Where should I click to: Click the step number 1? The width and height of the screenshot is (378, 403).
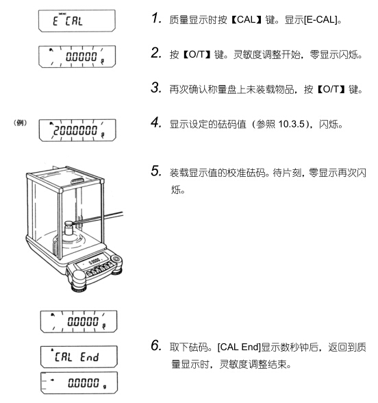156,19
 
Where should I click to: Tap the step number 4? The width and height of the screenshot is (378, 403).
156,123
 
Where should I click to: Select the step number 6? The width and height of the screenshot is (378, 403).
156,345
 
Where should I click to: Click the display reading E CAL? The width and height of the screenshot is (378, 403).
77,21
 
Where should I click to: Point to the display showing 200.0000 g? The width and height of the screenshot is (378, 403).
77,130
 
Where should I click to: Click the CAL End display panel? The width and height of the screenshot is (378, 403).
79,356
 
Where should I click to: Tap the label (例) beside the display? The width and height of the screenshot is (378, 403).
20,123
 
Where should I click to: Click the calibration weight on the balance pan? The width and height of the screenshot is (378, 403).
69,228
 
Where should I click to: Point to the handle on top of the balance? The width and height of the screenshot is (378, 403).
77,181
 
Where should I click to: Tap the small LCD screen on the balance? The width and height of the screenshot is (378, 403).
93,261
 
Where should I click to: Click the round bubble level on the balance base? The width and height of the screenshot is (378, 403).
116,258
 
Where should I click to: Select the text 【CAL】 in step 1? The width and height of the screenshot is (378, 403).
246,19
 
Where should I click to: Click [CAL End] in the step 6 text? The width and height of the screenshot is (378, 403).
239,347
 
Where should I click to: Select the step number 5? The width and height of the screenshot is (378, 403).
156,171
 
